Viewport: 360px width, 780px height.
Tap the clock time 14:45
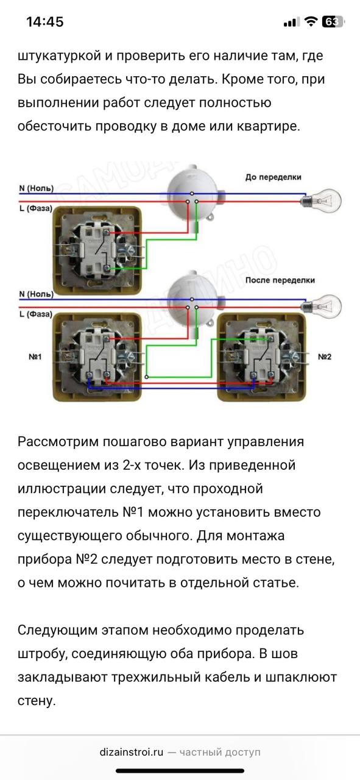click(x=45, y=22)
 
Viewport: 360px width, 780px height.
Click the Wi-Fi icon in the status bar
click(x=311, y=21)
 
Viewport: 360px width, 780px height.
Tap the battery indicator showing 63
click(x=333, y=21)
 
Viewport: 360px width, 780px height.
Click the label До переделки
click(x=274, y=177)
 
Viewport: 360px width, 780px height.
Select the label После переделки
click(x=280, y=280)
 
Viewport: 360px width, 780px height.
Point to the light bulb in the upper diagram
click(x=322, y=200)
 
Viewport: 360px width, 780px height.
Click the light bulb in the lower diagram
click(x=322, y=306)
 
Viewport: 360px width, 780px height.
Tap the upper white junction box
click(x=192, y=196)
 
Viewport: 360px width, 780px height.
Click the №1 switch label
click(x=35, y=356)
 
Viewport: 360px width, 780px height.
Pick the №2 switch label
click(x=325, y=356)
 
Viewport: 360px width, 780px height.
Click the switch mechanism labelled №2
click(x=261, y=357)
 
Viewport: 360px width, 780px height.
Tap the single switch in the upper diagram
click(x=97, y=250)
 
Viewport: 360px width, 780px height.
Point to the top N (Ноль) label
click(x=36, y=188)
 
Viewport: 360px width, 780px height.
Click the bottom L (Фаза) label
click(x=35, y=314)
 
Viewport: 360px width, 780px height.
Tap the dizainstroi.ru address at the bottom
click(x=131, y=752)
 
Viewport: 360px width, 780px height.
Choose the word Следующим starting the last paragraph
click(x=57, y=630)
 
